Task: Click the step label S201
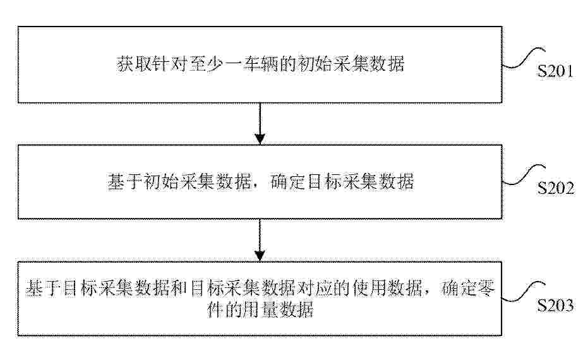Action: [555, 71]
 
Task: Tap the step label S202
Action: [555, 188]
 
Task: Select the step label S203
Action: [555, 305]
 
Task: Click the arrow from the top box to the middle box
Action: [260, 123]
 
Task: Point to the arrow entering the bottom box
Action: [260, 240]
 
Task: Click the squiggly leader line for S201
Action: [524, 58]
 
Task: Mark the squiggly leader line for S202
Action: [524, 175]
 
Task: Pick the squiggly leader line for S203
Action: [524, 292]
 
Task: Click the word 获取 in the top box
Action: [134, 64]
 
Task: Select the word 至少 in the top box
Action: [207, 64]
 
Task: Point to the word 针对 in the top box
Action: [170, 64]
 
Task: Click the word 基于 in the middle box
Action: [125, 182]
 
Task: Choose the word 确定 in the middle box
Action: [288, 182]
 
